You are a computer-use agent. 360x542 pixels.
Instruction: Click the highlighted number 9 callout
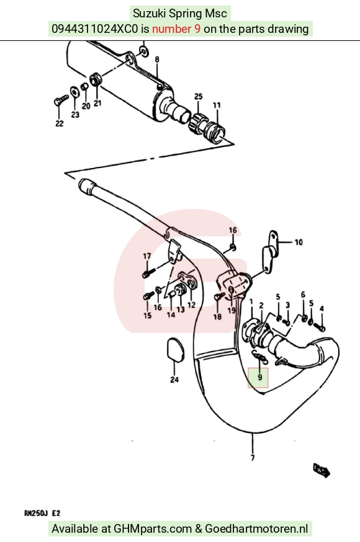[x=260, y=377]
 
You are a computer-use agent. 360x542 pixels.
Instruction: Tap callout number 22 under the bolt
[x=60, y=123]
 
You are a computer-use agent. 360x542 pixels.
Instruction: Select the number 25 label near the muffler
[x=198, y=97]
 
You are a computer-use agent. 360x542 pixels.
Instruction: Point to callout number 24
[x=174, y=380]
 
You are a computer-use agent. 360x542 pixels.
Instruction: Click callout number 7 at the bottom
[x=253, y=458]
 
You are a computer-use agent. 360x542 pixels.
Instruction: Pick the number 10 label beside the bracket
[x=299, y=242]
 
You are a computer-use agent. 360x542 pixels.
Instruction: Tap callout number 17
[x=147, y=256]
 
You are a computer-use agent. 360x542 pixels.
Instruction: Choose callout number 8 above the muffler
[x=157, y=60]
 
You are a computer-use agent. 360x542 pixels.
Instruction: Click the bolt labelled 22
[x=61, y=100]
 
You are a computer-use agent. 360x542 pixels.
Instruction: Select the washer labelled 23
[x=74, y=92]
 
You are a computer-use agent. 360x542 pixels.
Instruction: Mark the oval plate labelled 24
[x=174, y=350]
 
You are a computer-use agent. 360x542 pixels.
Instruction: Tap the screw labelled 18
[x=219, y=296]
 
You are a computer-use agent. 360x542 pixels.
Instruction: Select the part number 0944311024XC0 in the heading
[x=94, y=29]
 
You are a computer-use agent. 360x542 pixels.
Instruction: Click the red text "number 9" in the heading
[x=176, y=29]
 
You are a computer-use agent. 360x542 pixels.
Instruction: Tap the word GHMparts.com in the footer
[x=153, y=529]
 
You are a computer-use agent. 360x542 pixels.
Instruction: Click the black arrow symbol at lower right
[x=322, y=470]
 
